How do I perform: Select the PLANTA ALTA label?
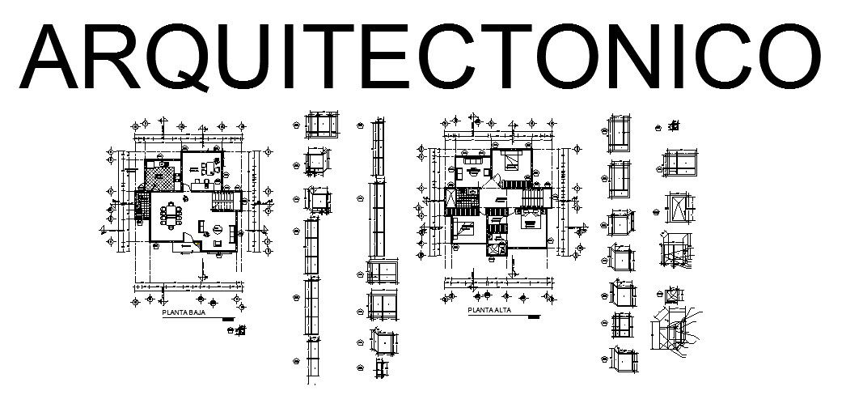click(x=490, y=310)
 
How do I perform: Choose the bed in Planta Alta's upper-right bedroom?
click(x=513, y=161)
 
